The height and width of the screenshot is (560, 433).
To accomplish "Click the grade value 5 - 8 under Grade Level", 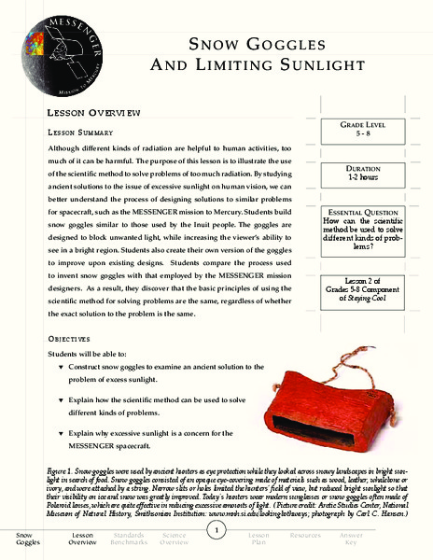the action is (x=359, y=134).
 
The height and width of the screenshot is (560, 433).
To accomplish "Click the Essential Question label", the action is (x=359, y=212).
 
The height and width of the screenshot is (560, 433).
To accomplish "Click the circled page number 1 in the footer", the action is (x=216, y=531).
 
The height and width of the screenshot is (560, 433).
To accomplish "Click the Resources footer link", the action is (x=305, y=537).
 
